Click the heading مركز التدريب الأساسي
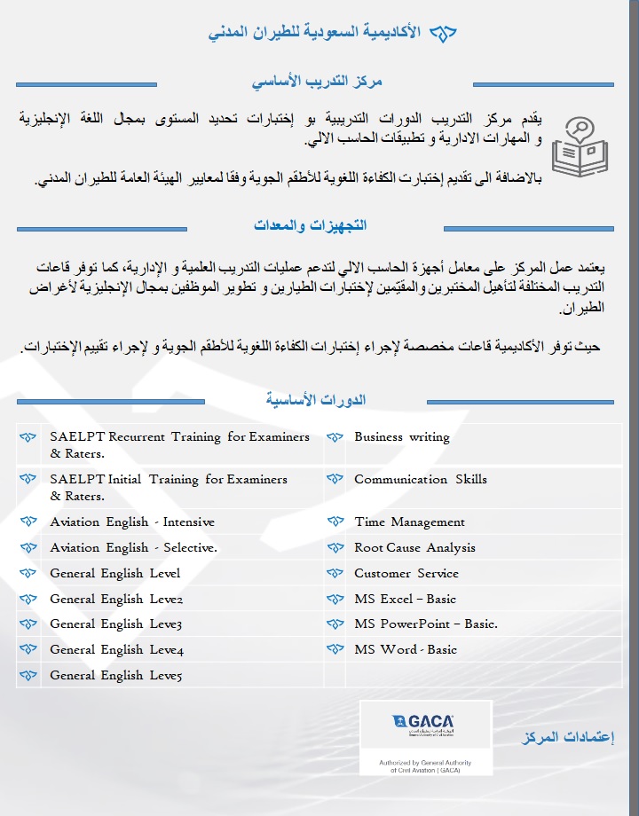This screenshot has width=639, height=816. pyautogui.click(x=317, y=82)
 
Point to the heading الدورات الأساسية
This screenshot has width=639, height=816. pyautogui.click(x=316, y=400)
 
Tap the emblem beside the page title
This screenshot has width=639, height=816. pyautogui.click(x=442, y=34)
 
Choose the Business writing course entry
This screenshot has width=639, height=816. pyautogui.click(x=402, y=436)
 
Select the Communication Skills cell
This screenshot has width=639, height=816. pyautogui.click(x=421, y=479)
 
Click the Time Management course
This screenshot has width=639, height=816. pyautogui.click(x=409, y=522)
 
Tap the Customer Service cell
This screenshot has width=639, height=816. pyautogui.click(x=406, y=574)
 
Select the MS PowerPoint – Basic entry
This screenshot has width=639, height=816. pyautogui.click(x=425, y=624)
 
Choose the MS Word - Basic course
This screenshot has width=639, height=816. pyautogui.click(x=406, y=650)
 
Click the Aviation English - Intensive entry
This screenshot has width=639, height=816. pyautogui.click(x=132, y=522)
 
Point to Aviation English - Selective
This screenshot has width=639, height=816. pyautogui.click(x=133, y=548)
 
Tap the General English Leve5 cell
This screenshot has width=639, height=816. pyautogui.click(x=116, y=676)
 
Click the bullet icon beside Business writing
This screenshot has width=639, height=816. pyautogui.click(x=335, y=437)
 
